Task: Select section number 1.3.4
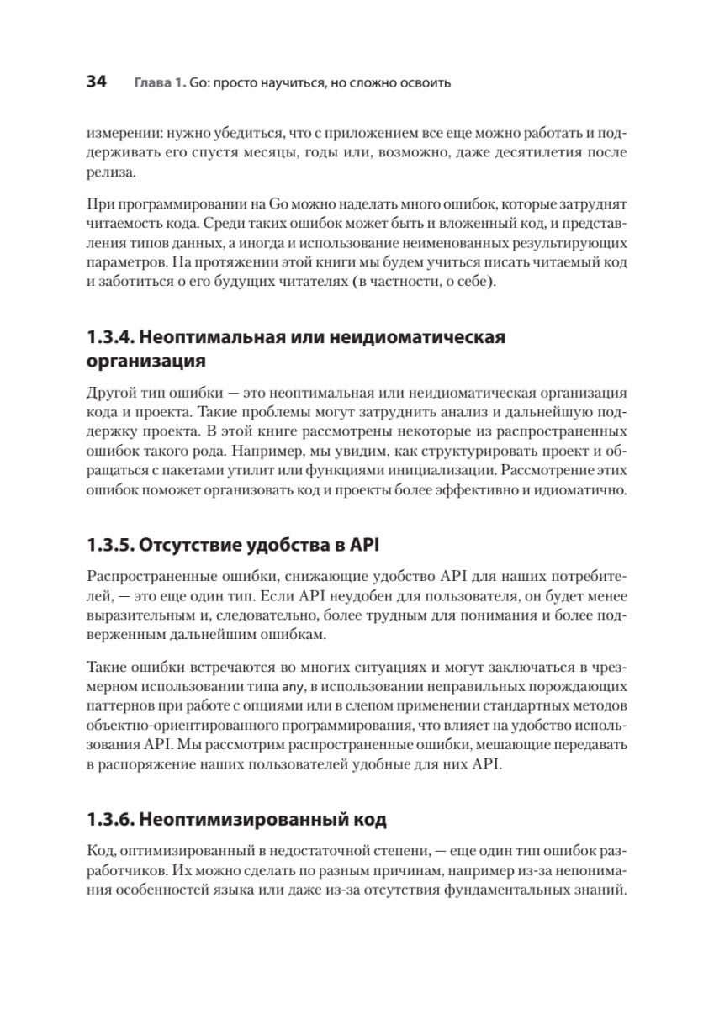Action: (x=108, y=339)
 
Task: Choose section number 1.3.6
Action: (x=108, y=817)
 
